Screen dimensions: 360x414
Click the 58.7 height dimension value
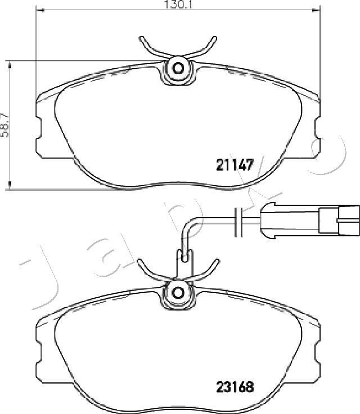coord(4,125)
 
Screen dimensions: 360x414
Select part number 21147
coord(235,165)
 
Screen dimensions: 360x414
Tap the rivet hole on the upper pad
coord(178,69)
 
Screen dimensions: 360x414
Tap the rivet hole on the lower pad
coord(178,292)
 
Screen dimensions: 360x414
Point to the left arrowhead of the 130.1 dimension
coord(39,10)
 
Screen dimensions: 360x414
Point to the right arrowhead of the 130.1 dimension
coord(316,10)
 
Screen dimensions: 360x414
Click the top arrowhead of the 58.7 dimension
coord(10,65)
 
